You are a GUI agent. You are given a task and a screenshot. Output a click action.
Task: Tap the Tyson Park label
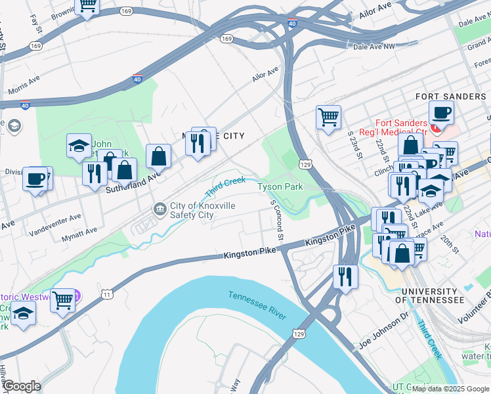280,187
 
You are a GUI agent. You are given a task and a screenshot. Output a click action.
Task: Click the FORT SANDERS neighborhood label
451,97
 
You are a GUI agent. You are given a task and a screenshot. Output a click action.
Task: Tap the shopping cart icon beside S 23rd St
328,118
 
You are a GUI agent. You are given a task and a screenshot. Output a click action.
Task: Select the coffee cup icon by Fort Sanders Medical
441,112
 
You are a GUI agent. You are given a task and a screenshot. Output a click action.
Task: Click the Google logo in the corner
21,386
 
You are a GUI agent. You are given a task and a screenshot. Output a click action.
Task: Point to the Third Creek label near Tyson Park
225,186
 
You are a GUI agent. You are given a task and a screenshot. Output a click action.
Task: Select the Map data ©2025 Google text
450,389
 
